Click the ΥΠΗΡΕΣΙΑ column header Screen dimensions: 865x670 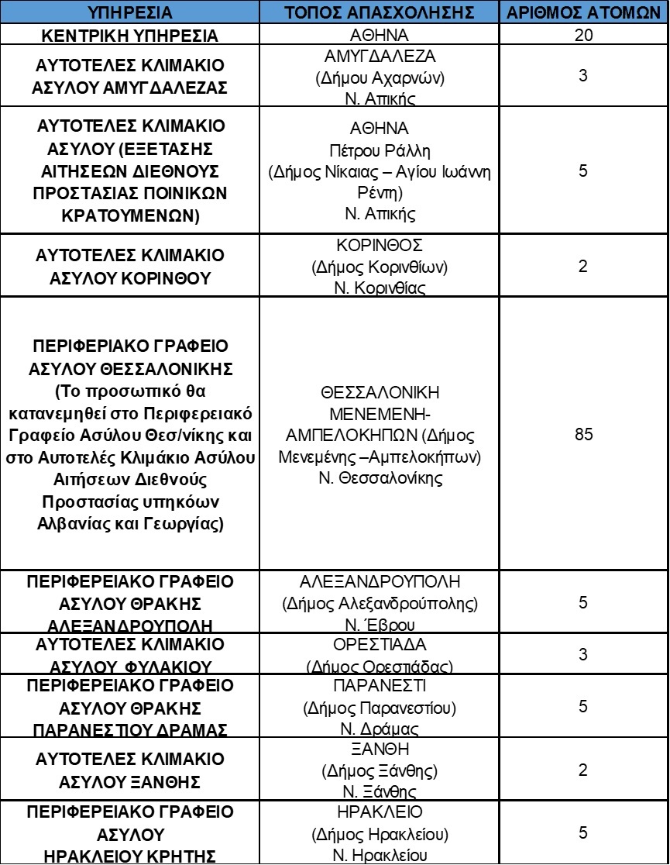tap(130, 13)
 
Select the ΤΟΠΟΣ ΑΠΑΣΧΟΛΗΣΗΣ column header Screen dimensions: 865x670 tap(380, 13)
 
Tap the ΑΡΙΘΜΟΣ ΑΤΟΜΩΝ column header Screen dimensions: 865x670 tap(583, 13)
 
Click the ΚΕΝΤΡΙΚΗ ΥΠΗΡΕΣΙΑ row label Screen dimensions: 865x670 tap(130, 36)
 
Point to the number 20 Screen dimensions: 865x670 tap(583, 36)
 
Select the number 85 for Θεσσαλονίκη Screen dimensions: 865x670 tap(583, 434)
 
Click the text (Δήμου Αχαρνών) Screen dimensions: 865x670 tap(380, 78)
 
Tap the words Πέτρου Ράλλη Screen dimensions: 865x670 tap(380, 149)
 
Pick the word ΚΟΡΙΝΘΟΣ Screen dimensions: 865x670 tap(380, 246)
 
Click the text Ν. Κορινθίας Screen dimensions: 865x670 tap(380, 288)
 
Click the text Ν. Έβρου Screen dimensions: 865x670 tap(380, 625)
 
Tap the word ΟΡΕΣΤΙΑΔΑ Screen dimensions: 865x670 tap(380, 645)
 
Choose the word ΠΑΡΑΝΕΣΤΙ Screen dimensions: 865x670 tap(380, 687)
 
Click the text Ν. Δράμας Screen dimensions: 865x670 tap(380, 729)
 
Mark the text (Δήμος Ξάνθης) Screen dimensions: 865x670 tap(380, 771)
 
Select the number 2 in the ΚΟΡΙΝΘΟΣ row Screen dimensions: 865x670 tap(583, 266)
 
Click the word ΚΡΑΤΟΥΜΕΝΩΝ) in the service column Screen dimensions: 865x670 tap(130, 215)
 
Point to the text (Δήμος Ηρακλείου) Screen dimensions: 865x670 tap(380, 835)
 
